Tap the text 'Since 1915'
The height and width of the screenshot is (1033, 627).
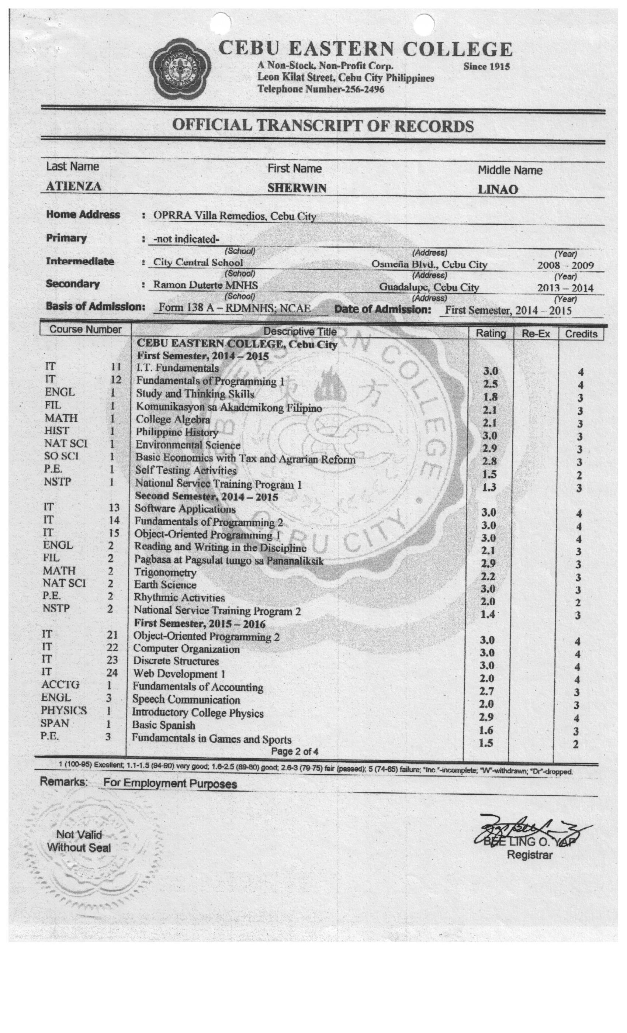(486, 67)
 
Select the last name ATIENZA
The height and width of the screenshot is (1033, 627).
(73, 186)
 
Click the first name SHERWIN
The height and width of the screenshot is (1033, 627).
(297, 188)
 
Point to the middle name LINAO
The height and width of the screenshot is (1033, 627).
(498, 190)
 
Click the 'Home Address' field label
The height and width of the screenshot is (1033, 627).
(83, 215)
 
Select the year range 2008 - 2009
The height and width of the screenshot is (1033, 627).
(565, 265)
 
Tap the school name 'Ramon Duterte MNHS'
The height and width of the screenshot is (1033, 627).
(205, 285)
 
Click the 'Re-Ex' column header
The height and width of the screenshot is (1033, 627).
(536, 334)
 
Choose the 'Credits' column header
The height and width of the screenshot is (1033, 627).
(581, 334)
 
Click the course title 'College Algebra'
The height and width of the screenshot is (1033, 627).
(173, 419)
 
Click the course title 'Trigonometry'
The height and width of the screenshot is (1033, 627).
(165, 572)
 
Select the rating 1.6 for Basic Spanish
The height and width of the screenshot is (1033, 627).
(486, 730)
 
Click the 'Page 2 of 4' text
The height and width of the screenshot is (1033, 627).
(294, 751)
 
